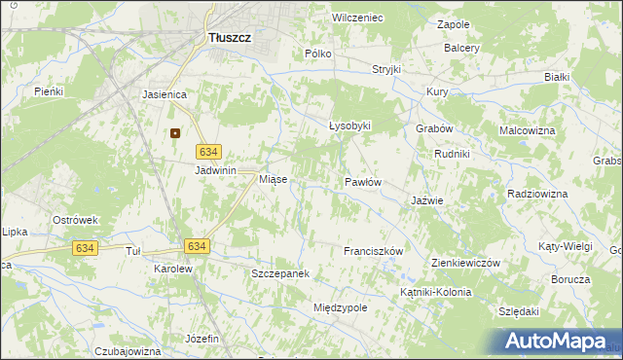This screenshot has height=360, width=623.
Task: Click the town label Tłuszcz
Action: (x=231, y=38)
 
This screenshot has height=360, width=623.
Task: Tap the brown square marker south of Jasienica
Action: (x=175, y=134)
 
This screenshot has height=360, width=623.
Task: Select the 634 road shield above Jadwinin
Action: (x=209, y=152)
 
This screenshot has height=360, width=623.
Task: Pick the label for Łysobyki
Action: (x=349, y=126)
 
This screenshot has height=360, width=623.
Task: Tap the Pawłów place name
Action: (x=362, y=182)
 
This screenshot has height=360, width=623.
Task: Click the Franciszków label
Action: (x=373, y=251)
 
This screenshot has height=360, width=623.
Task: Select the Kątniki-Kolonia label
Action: (x=435, y=292)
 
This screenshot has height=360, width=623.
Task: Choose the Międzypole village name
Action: (x=340, y=307)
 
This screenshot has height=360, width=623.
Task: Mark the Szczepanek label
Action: (x=279, y=274)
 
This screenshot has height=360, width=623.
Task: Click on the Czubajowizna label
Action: (x=128, y=350)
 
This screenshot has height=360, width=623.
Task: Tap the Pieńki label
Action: (x=48, y=91)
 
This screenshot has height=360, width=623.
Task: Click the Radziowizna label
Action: (x=536, y=194)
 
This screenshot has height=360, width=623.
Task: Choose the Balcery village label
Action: (x=461, y=48)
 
